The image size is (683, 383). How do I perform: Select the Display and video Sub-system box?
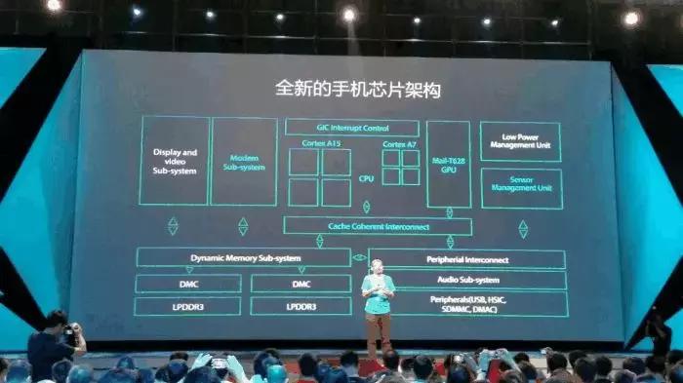click(175, 161)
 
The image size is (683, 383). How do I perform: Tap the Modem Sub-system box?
click(244, 161)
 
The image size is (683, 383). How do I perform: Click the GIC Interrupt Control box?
click(351, 128)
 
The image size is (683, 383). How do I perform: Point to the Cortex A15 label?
click(319, 144)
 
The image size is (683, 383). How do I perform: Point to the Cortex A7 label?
click(400, 144)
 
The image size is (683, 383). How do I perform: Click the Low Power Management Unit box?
click(521, 141)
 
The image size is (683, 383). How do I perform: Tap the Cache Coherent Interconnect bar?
click(378, 225)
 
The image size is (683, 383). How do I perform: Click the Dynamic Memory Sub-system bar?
click(243, 257)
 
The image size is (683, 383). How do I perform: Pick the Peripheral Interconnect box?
click(463, 259)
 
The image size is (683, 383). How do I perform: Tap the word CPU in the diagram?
click(366, 178)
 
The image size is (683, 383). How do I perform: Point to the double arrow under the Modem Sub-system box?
click(243, 226)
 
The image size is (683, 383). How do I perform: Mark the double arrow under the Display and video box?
click(174, 226)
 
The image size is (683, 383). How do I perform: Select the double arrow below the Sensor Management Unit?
click(523, 228)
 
